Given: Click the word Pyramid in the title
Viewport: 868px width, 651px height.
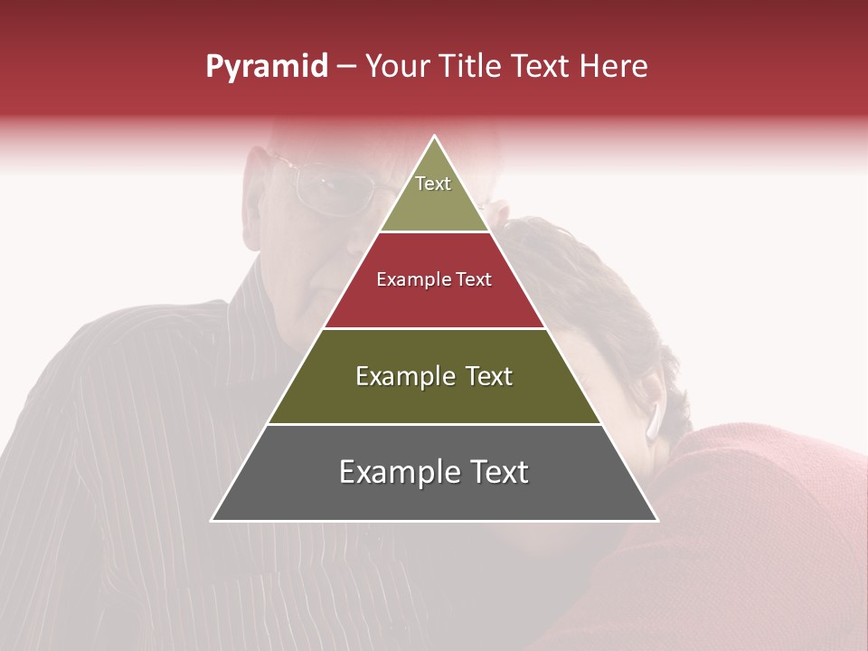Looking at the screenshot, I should click(266, 67).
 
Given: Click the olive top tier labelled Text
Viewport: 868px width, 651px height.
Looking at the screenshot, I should click(433, 194).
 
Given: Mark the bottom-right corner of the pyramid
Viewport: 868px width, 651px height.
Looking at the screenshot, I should click(656, 520).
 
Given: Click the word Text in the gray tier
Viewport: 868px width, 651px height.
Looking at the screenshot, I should click(493, 472).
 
